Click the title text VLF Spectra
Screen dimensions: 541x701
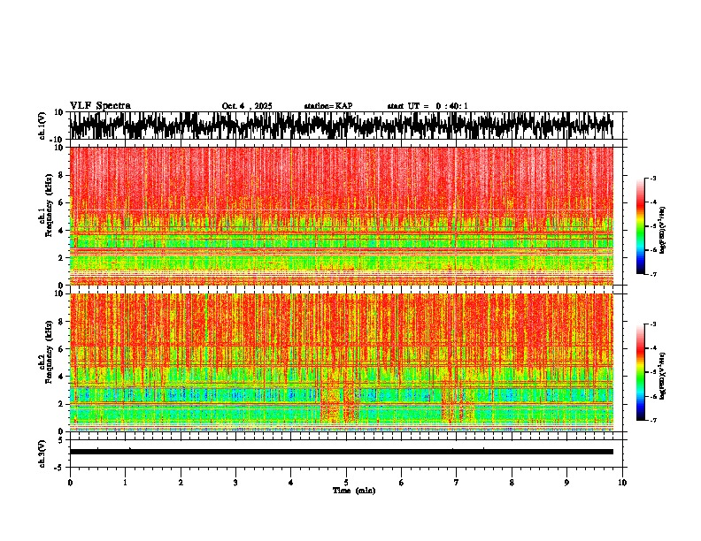click(x=100, y=105)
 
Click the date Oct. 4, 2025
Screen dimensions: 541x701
click(x=247, y=106)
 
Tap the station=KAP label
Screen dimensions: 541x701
click(x=327, y=106)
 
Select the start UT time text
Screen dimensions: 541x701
click(x=428, y=106)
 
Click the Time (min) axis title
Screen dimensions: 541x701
click(x=353, y=490)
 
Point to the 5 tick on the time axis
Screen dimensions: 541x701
click(x=346, y=483)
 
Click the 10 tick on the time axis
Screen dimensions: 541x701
click(x=622, y=483)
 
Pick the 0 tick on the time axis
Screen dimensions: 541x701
click(x=70, y=483)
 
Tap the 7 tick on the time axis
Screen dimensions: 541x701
click(x=457, y=483)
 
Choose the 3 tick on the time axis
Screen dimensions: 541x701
click(x=235, y=483)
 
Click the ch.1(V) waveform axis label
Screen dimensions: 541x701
click(x=42, y=126)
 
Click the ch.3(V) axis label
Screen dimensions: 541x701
click(x=42, y=452)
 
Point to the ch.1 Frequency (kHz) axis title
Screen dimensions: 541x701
click(x=46, y=216)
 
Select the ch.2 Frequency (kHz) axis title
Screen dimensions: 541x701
click(x=46, y=362)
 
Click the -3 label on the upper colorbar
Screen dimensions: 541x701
click(x=655, y=179)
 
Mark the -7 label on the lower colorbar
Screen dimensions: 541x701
click(x=655, y=421)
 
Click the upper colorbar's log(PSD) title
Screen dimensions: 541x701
click(x=674, y=226)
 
